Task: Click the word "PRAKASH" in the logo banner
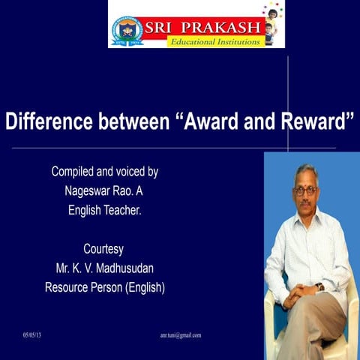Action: pyautogui.click(x=219, y=28)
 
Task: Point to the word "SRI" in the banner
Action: pyautogui.click(x=160, y=28)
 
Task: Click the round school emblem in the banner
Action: pyautogui.click(x=128, y=31)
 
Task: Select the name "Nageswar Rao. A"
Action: pyautogui.click(x=104, y=190)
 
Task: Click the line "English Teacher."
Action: pyautogui.click(x=104, y=210)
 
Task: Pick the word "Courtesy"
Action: pyautogui.click(x=103, y=248)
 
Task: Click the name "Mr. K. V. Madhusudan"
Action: pyautogui.click(x=104, y=267)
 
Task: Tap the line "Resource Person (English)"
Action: pyautogui.click(x=104, y=286)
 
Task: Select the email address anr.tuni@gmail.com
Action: pyautogui.click(x=181, y=335)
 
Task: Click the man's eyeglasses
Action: pyautogui.click(x=305, y=190)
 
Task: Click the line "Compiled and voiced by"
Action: pyautogui.click(x=104, y=171)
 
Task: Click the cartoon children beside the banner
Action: pyautogui.click(x=272, y=23)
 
